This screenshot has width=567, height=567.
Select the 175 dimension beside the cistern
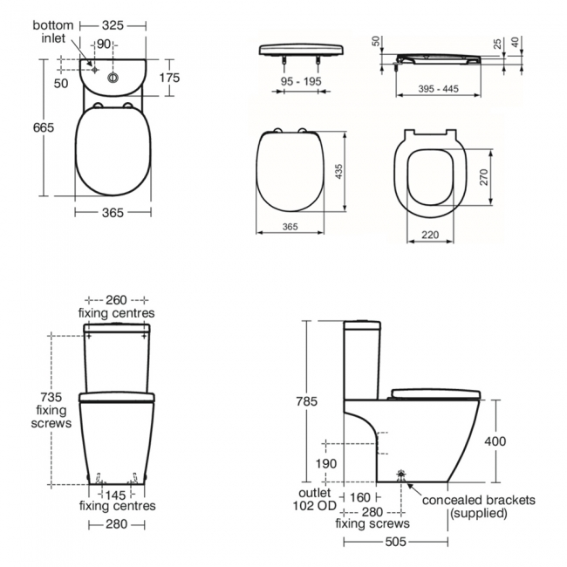point(168,78)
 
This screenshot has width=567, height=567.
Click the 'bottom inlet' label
point(53,32)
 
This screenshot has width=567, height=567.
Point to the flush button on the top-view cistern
point(113,77)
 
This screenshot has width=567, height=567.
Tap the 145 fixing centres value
point(117,494)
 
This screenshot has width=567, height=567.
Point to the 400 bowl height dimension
point(495,441)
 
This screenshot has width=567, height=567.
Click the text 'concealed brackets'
point(479,500)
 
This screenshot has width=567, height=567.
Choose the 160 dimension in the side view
point(360,498)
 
